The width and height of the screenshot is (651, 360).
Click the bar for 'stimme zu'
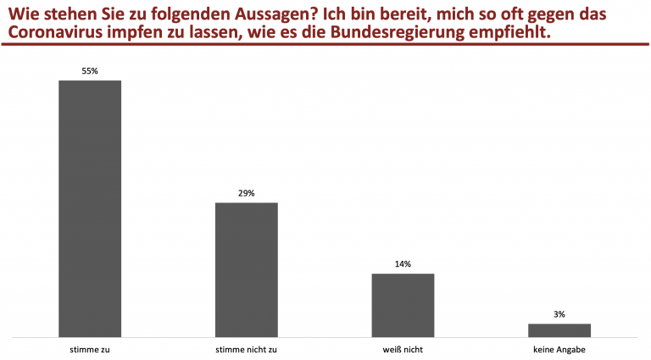[x=90, y=208]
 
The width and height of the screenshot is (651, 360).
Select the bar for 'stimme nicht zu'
[x=247, y=269]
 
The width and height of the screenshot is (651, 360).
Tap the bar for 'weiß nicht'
[x=403, y=305]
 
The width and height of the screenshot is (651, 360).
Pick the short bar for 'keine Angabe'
[x=559, y=330]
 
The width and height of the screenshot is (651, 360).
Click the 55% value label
[x=90, y=71]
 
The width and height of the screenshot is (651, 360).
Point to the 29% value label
[x=247, y=193]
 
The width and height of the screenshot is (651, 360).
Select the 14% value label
[x=403, y=264]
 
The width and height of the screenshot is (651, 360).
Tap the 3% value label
[x=559, y=314]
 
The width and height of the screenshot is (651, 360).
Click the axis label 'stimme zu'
[x=90, y=349]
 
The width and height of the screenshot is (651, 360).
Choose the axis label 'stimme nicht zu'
[x=247, y=349]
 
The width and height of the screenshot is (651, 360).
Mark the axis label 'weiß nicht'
[x=403, y=349]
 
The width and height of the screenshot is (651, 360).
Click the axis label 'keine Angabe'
[x=559, y=349]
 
